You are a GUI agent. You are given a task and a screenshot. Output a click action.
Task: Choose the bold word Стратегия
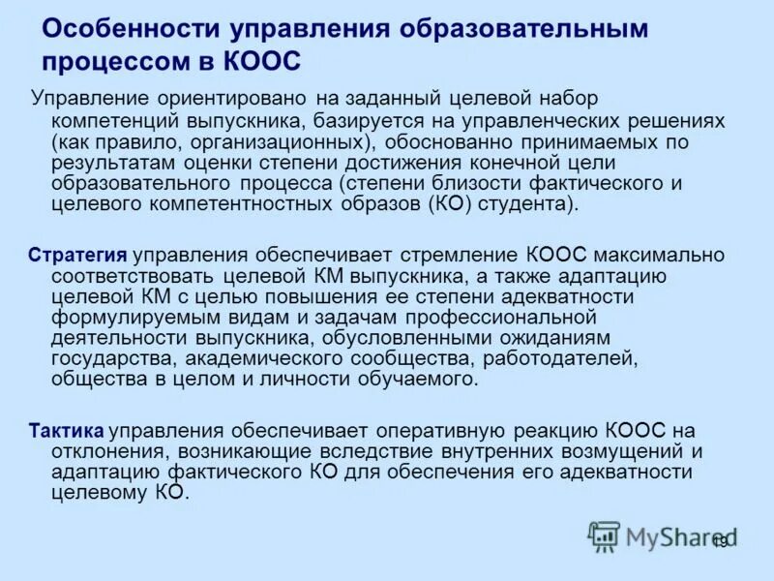[x=78, y=255]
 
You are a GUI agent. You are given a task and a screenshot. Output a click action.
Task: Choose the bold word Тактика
[x=67, y=431]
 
